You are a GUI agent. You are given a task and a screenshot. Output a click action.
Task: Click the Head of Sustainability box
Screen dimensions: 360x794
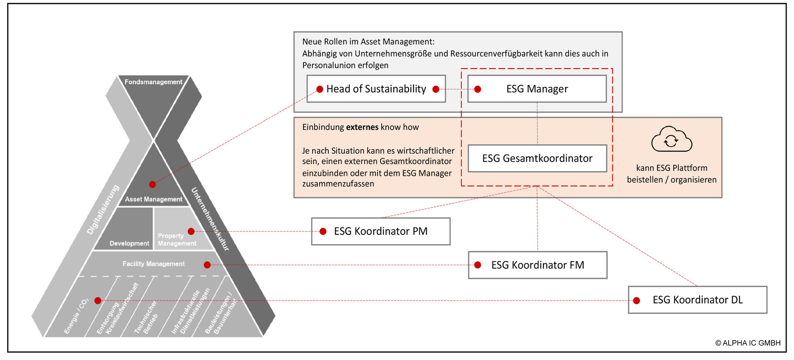coord(376,89)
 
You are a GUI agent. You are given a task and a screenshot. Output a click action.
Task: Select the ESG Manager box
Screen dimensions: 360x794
coord(537,89)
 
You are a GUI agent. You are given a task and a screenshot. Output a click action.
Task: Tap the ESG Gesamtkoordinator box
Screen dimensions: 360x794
coord(537,158)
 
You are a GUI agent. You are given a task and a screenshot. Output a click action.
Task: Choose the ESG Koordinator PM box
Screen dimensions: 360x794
coord(380,231)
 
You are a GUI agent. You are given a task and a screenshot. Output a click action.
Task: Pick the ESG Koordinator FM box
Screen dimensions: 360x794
coord(537,265)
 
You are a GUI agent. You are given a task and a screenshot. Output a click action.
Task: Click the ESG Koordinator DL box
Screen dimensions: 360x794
coord(697,300)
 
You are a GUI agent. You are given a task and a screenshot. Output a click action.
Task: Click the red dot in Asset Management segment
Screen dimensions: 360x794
coord(153,184)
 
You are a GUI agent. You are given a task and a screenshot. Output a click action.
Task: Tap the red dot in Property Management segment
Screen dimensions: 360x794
coord(191,231)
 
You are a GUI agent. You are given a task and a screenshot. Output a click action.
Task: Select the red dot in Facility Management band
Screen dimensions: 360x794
coord(207,265)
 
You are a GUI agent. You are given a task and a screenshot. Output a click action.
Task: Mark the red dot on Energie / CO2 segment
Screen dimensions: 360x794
coord(98,300)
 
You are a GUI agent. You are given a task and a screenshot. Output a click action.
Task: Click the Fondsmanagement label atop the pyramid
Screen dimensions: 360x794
coord(153,82)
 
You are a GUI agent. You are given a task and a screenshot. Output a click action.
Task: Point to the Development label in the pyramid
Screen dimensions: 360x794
coord(129,243)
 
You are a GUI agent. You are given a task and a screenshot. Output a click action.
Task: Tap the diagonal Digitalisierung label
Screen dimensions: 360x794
coord(103,210)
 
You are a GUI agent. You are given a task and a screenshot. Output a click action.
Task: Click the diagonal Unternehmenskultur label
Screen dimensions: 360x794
coord(210,219)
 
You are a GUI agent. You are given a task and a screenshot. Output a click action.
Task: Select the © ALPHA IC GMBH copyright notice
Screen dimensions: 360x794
coord(748,343)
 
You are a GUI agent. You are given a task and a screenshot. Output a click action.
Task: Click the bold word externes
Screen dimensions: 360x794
coord(362,127)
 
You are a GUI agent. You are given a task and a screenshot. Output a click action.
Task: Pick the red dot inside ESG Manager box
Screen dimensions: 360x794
coord(478,89)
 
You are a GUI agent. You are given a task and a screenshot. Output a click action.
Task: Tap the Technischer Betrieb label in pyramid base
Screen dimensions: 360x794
coord(146,317)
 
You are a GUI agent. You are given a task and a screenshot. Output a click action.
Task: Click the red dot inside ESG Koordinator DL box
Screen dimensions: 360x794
coord(637,300)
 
